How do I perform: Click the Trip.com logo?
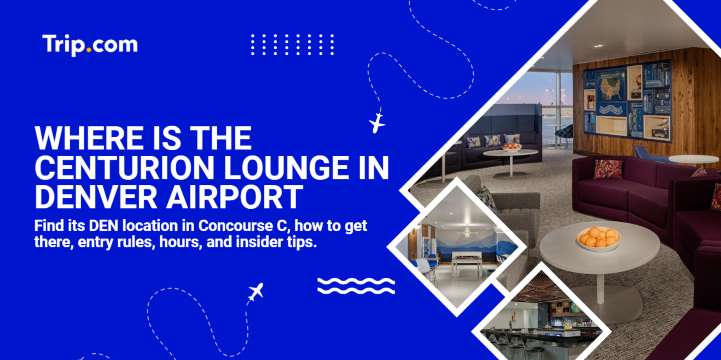(90, 45)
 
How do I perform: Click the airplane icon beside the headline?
(377, 124)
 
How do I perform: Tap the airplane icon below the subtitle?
(255, 294)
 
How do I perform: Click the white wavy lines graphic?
(350, 286)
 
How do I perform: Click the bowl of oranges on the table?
(598, 239)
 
